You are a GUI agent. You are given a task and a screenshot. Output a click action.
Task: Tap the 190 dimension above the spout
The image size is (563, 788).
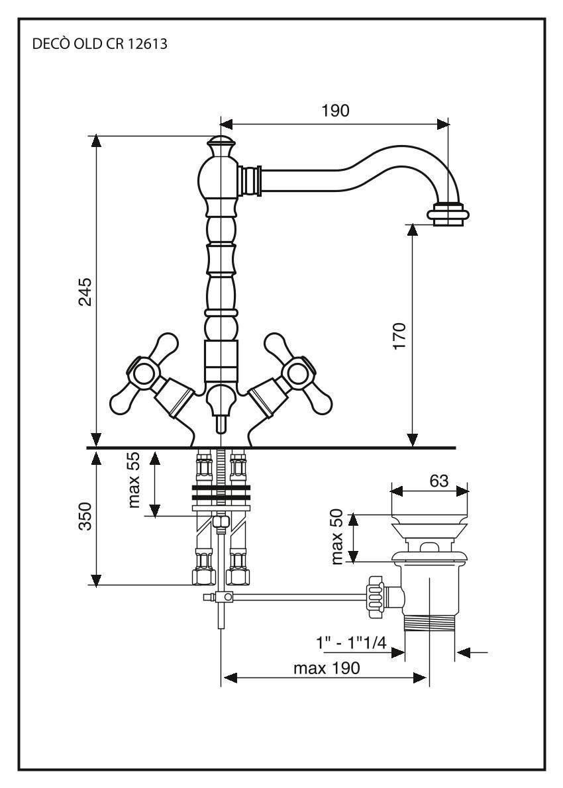click(x=335, y=111)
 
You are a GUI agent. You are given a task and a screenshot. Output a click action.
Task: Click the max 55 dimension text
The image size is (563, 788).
click(x=136, y=481)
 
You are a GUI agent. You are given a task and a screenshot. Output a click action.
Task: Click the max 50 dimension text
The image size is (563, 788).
click(x=339, y=538)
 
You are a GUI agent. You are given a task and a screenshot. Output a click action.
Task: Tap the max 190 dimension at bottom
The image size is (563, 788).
click(x=327, y=668)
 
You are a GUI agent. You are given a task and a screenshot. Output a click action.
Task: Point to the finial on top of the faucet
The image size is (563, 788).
click(x=219, y=144)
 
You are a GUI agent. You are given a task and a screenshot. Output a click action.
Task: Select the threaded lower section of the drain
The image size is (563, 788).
click(x=429, y=626)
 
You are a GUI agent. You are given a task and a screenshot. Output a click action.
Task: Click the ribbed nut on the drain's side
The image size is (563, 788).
click(x=375, y=597)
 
